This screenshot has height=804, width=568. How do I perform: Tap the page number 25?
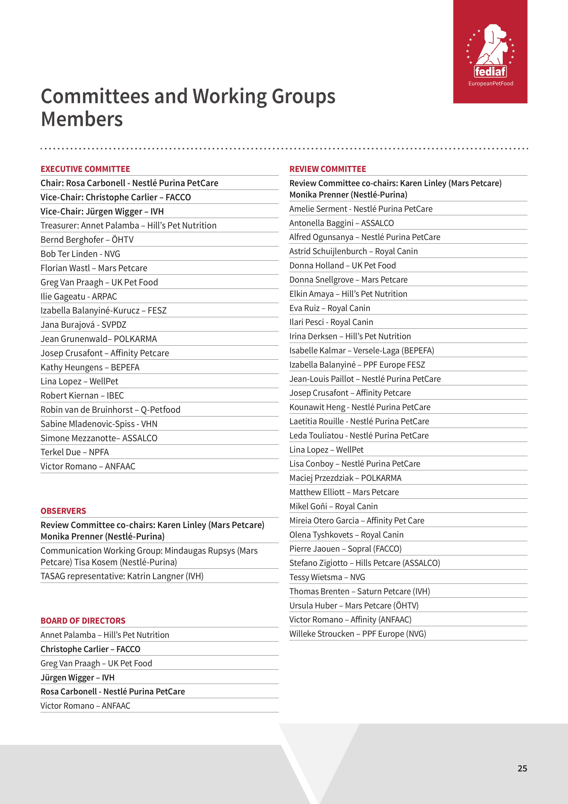coord(522,768)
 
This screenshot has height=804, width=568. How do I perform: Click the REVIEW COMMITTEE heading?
coord(327,169)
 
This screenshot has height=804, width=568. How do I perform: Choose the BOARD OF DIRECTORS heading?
coord(83,620)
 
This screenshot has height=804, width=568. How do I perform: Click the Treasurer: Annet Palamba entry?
coord(128,226)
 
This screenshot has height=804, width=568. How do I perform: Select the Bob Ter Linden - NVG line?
coord(80,254)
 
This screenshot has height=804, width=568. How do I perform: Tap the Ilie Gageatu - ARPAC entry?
coord(79,297)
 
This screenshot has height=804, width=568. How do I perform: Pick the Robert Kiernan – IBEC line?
coord(82,396)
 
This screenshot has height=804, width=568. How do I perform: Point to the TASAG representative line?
coord(122,576)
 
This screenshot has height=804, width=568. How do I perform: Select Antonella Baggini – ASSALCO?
coord(341,223)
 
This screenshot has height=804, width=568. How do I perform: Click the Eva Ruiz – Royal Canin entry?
coord(329,308)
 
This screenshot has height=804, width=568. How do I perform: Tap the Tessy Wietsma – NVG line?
coord(327,577)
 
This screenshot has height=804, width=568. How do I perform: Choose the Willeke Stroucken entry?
coord(357,634)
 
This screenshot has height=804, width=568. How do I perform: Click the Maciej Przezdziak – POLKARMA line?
coord(345,478)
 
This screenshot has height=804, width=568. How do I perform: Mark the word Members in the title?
coord(82,119)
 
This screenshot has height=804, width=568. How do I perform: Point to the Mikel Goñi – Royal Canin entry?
coord(333,506)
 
